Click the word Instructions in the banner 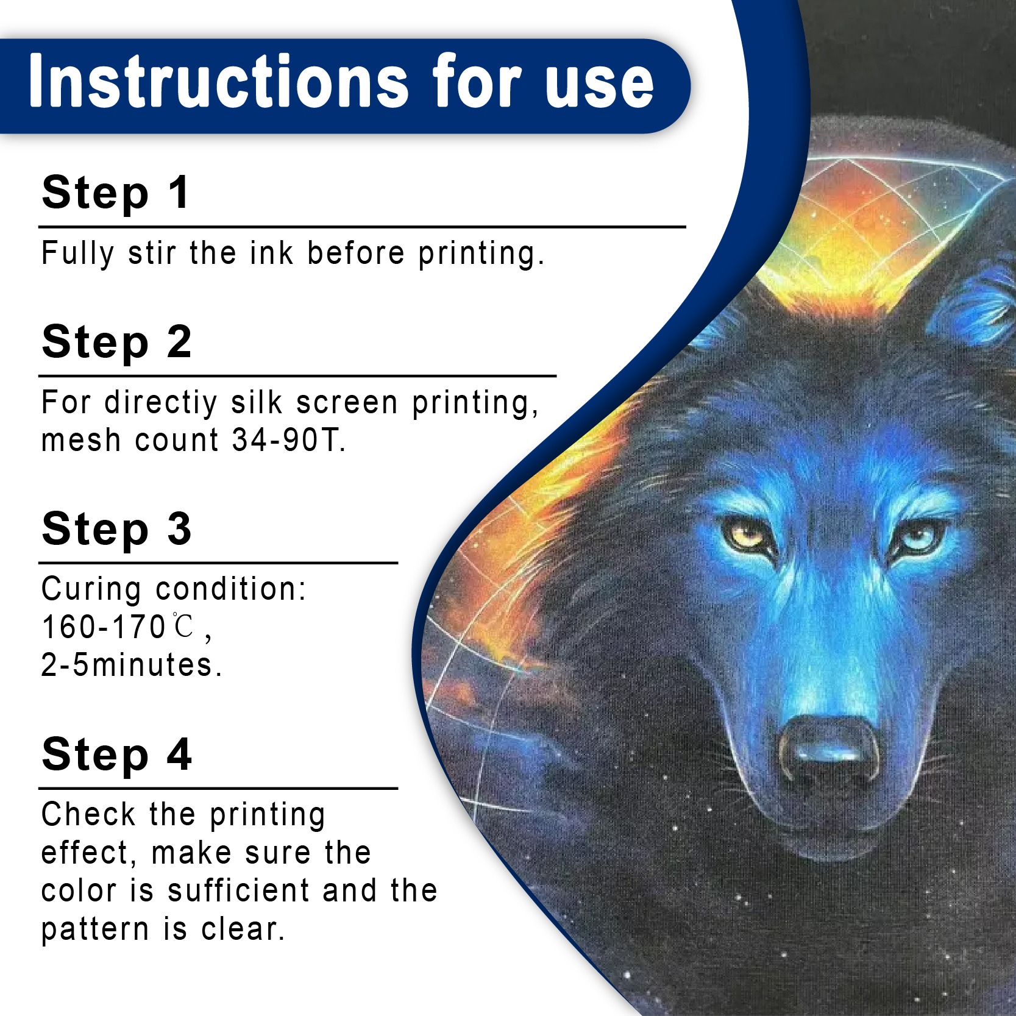pos(219,81)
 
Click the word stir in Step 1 pos(152,253)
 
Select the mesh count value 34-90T pos(289,440)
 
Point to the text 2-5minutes pos(131,665)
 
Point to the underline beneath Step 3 pos(218,563)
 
